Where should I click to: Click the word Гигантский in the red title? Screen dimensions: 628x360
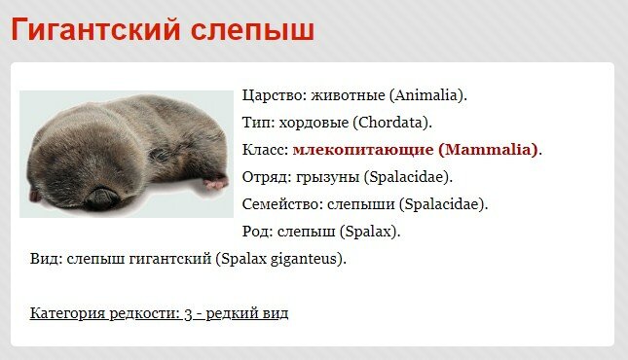(x=95, y=29)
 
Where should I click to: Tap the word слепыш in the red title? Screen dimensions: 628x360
(x=252, y=29)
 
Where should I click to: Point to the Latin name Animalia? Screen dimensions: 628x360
(x=426, y=95)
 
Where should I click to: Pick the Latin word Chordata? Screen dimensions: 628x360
(x=390, y=123)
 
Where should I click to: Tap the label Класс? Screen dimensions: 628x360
(x=265, y=150)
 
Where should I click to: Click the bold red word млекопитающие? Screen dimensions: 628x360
(x=363, y=150)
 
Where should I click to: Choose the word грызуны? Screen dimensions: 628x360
(x=327, y=177)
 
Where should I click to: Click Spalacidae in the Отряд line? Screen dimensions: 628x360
(x=408, y=177)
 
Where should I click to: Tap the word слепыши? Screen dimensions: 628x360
(x=361, y=204)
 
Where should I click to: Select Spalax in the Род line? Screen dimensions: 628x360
(x=368, y=232)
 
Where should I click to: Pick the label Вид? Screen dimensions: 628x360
(x=46, y=259)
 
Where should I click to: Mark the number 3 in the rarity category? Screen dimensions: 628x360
(x=188, y=313)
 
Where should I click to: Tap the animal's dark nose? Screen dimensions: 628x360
(x=100, y=198)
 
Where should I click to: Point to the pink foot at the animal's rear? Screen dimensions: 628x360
(x=216, y=183)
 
